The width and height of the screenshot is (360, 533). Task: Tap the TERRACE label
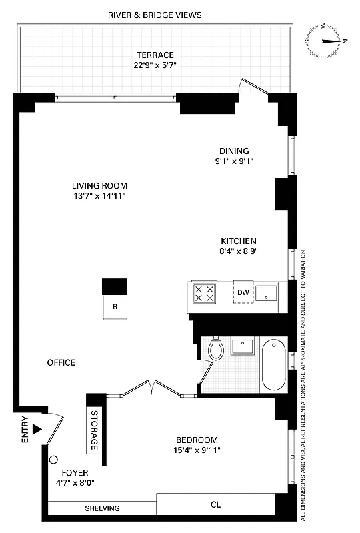pyautogui.click(x=155, y=55)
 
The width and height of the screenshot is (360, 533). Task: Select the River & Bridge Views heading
pyautogui.click(x=156, y=15)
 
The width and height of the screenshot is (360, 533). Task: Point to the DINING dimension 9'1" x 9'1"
pyautogui.click(x=233, y=161)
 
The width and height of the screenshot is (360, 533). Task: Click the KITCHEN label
pyautogui.click(x=239, y=241)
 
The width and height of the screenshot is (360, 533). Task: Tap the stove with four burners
pyautogui.click(x=205, y=293)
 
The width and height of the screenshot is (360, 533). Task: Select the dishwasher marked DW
pyautogui.click(x=243, y=293)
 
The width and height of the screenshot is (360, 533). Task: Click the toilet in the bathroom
pyautogui.click(x=215, y=349)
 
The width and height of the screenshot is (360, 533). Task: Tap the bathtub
pyautogui.click(x=274, y=366)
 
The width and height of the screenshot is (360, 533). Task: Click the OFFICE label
pyautogui.click(x=61, y=363)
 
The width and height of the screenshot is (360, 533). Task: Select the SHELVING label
pyautogui.click(x=102, y=508)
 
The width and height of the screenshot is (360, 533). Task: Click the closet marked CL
pyautogui.click(x=215, y=504)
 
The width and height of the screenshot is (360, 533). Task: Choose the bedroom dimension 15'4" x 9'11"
pyautogui.click(x=197, y=450)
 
